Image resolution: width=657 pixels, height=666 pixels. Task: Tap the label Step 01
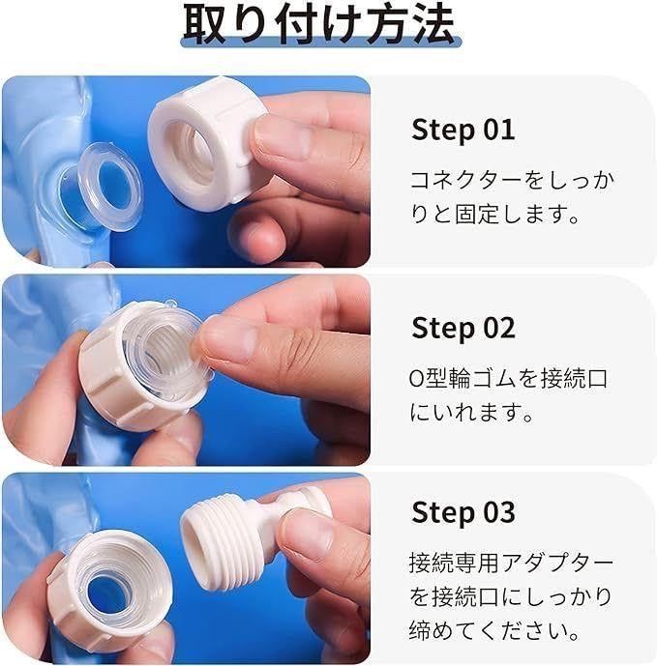point(463,130)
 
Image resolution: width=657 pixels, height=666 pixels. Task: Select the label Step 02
point(463,328)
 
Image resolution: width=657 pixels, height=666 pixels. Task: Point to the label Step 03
point(463,512)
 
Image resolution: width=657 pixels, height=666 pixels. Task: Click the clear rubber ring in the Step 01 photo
point(109,187)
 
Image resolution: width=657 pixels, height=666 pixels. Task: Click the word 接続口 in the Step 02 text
point(574,379)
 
